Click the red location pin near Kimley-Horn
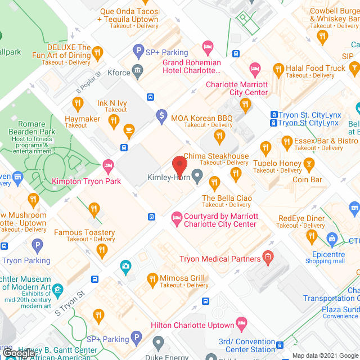(179, 165)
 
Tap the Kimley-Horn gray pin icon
(197, 177)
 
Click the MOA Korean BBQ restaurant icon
(219, 136)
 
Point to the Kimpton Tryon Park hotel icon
(108, 165)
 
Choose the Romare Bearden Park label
(31, 128)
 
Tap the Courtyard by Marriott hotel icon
(177, 217)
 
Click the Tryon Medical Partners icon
(268, 259)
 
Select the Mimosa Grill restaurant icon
(152, 278)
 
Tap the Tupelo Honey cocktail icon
(308, 164)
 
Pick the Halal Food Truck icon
(278, 69)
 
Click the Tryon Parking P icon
(37, 245)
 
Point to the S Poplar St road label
(88, 82)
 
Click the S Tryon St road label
(73, 302)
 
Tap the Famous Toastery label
(84, 232)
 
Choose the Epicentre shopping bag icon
(333, 240)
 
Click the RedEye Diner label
(301, 218)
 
